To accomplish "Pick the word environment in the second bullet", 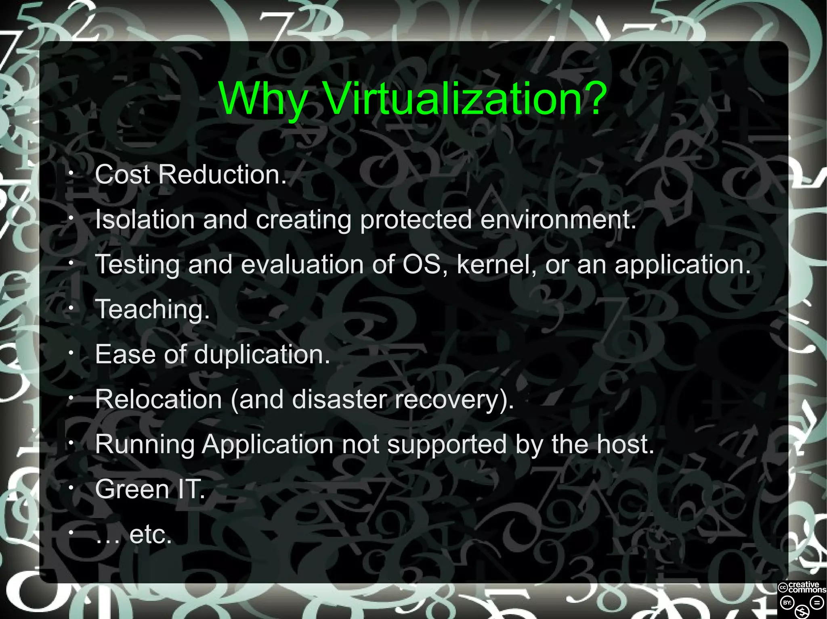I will [x=558, y=220].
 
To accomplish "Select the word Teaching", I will [x=152, y=310].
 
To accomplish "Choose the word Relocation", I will [x=159, y=399].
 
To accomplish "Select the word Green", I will [x=132, y=489].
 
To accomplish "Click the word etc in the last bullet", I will [x=150, y=535].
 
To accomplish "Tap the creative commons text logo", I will [x=802, y=587].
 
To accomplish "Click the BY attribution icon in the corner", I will [x=787, y=603].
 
